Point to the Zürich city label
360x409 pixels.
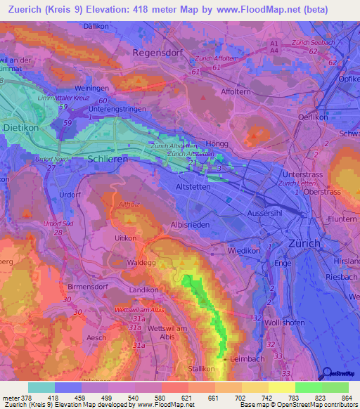(304, 243)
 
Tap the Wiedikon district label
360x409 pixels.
(245, 251)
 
